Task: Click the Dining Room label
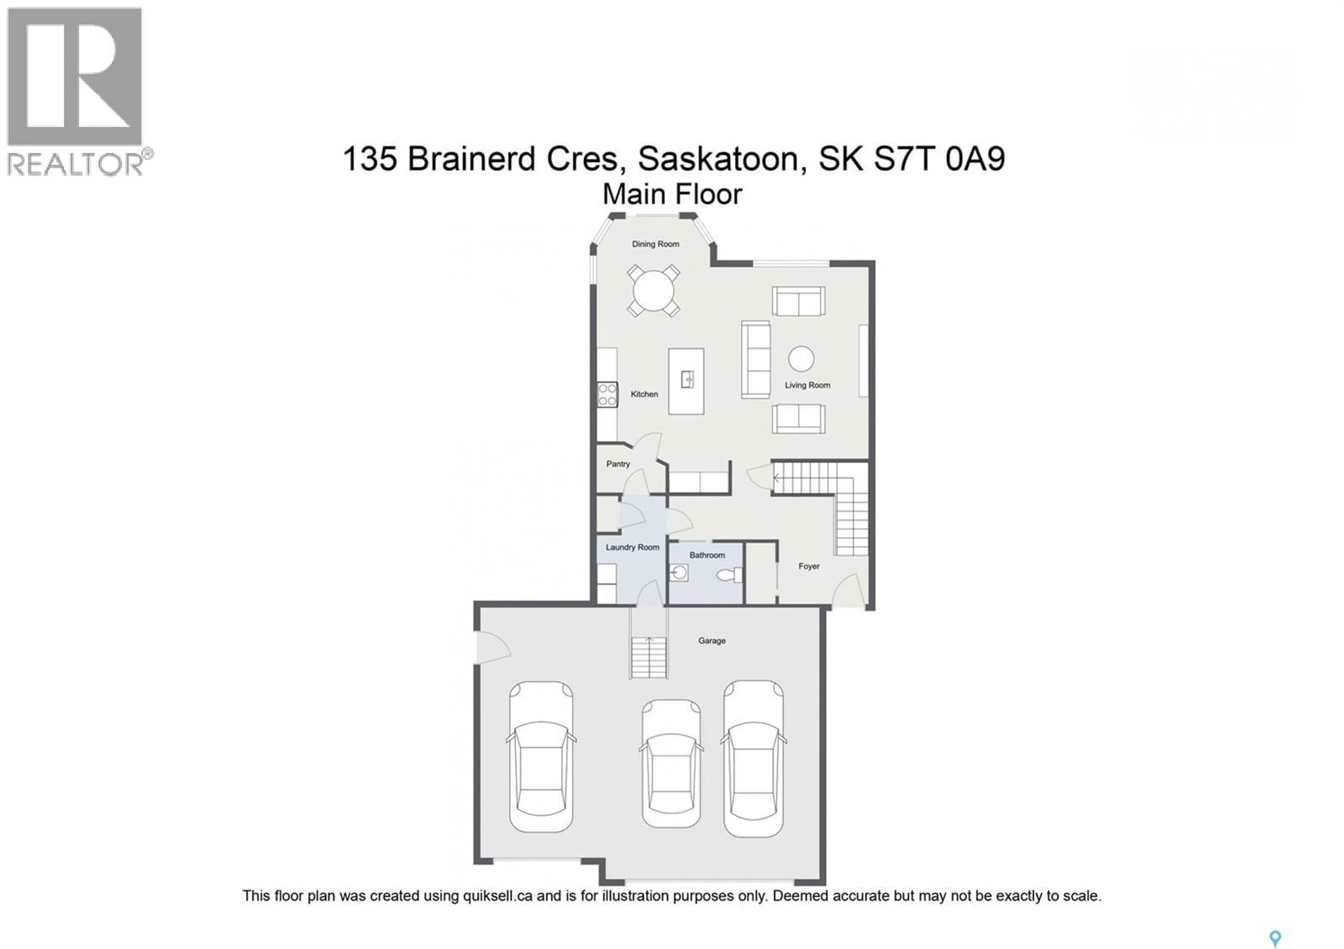(x=655, y=244)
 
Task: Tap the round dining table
(x=653, y=291)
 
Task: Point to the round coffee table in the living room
(x=801, y=359)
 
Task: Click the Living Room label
(x=807, y=385)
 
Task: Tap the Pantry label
(x=617, y=464)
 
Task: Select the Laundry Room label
(x=632, y=547)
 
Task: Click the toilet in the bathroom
(x=729, y=575)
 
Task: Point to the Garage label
(x=711, y=641)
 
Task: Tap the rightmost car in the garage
(x=753, y=758)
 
